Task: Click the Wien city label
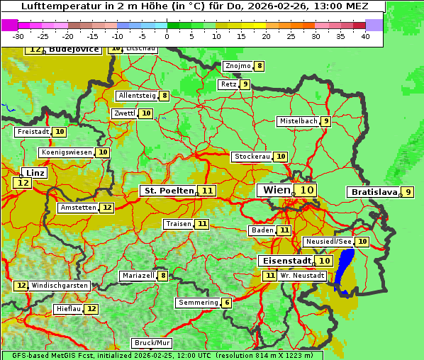point(277,190)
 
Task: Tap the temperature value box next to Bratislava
point(408,192)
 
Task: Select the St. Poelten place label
point(169,191)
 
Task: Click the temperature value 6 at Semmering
point(226,303)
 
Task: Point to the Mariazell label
point(138,276)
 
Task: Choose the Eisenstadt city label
point(284,261)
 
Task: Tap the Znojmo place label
point(238,66)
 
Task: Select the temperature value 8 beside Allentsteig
point(164,96)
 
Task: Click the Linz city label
point(35,173)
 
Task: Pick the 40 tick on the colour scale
point(365,36)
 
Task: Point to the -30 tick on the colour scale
point(18,36)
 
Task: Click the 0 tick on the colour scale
point(167,36)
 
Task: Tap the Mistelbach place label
point(299,121)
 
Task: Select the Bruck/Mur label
point(152,343)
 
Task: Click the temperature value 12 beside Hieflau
point(91,309)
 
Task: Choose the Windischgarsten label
point(60,286)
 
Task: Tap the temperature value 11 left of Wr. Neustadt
point(269,276)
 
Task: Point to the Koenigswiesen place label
point(67,152)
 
